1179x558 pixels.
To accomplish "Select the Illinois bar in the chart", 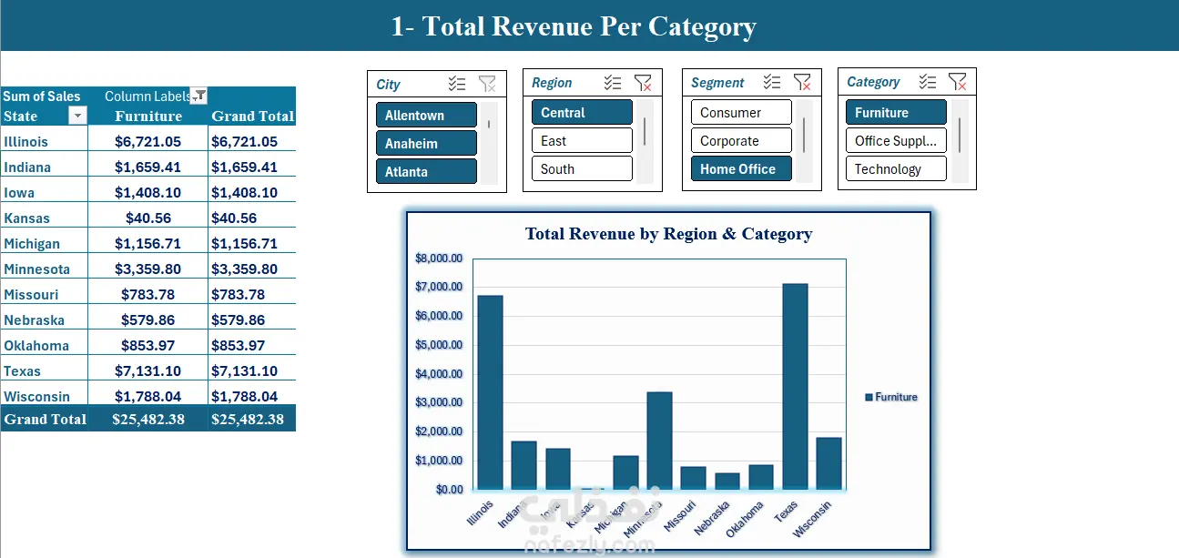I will coord(490,392).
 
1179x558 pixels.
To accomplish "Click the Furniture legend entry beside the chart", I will coord(891,397).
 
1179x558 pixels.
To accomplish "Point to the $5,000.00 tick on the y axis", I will coord(439,345).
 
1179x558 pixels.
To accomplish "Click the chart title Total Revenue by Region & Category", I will coord(668,234).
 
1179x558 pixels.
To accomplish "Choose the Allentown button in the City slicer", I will coord(425,116).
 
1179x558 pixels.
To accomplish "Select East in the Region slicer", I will coord(581,141).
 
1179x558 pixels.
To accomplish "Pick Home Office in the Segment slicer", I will coord(740,169).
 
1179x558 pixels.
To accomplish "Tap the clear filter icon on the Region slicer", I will coord(643,83).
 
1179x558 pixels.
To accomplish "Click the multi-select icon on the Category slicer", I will coord(928,82).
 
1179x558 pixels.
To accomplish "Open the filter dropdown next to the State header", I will coord(78,116).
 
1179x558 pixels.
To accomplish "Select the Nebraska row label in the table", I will coord(35,320).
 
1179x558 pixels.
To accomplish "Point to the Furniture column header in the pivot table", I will coord(148,117).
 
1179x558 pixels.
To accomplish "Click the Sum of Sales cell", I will coord(42,96).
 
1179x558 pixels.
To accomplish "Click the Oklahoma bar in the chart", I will coord(761,477).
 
